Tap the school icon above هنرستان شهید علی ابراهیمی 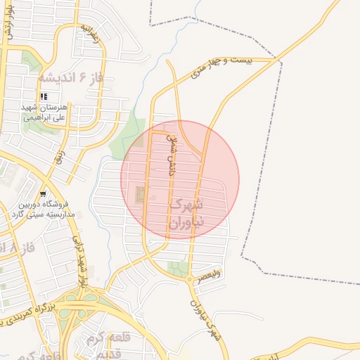click(44, 96)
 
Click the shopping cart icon click(44, 193)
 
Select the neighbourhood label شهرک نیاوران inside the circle click(187, 214)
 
